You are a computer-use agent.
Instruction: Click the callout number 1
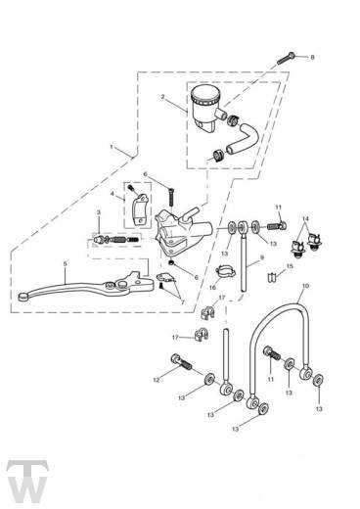pyautogui.click(x=112, y=150)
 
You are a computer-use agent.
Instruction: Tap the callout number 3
pyautogui.click(x=98, y=212)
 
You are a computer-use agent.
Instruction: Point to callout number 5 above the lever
pyautogui.click(x=64, y=264)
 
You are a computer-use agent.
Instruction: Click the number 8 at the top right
pyautogui.click(x=313, y=59)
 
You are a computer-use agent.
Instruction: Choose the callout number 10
pyautogui.click(x=306, y=285)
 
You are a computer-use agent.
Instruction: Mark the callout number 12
pyautogui.click(x=155, y=381)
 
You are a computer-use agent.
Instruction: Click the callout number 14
pyautogui.click(x=305, y=219)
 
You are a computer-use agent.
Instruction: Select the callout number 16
pyautogui.click(x=212, y=288)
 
